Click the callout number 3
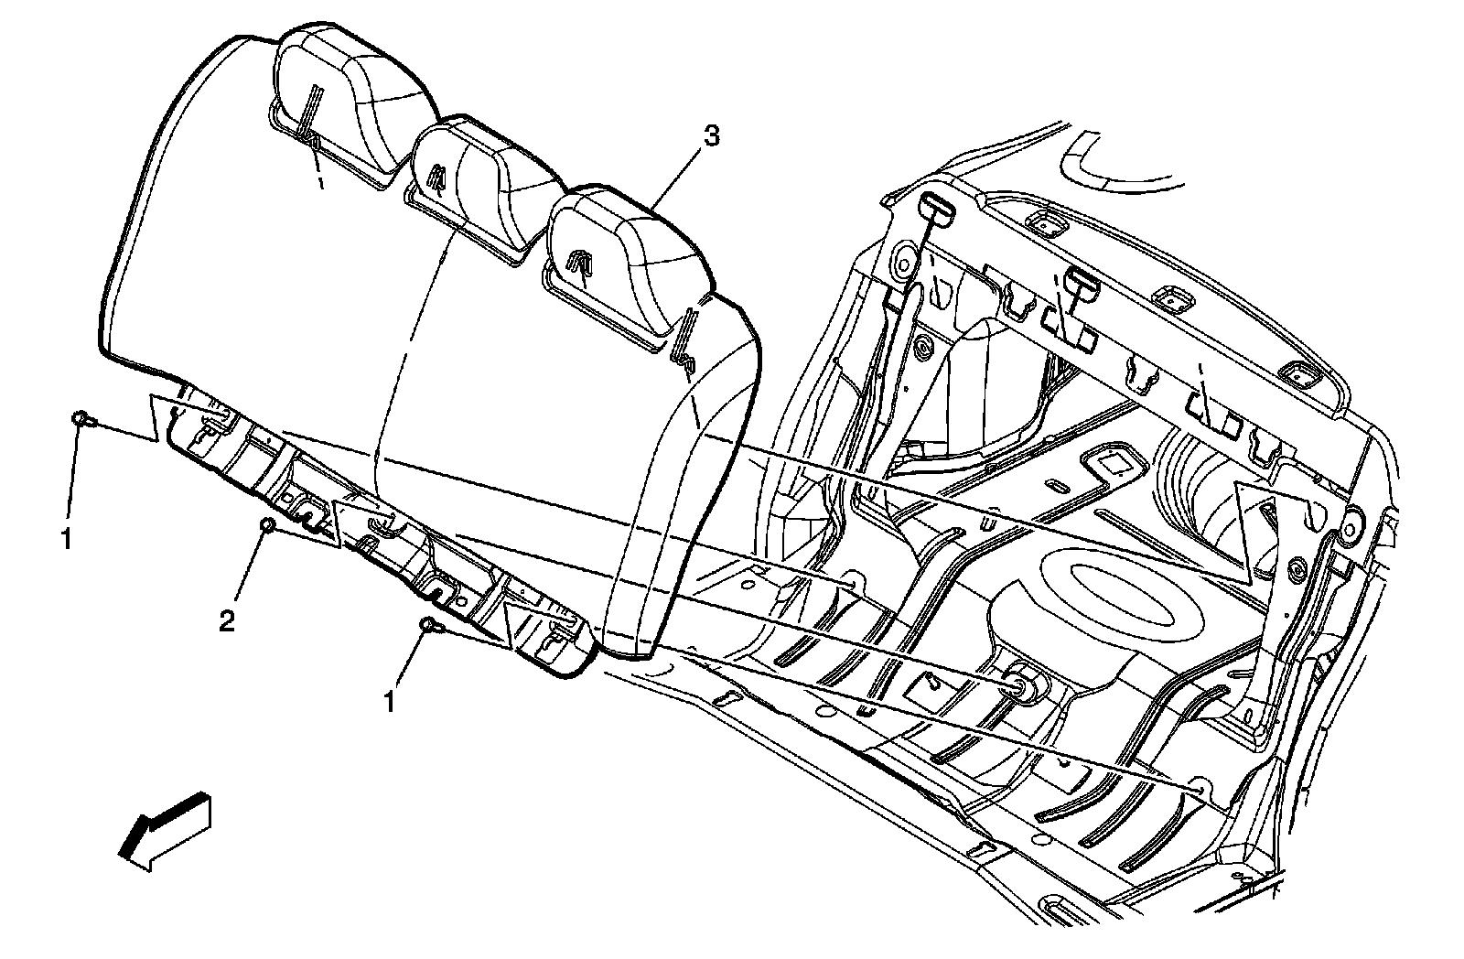click(x=711, y=137)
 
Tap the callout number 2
click(x=226, y=622)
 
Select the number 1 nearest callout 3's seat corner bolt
click(x=390, y=702)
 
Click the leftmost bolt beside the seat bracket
click(x=81, y=419)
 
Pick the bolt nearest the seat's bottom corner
click(x=429, y=626)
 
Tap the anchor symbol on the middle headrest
click(x=436, y=174)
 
